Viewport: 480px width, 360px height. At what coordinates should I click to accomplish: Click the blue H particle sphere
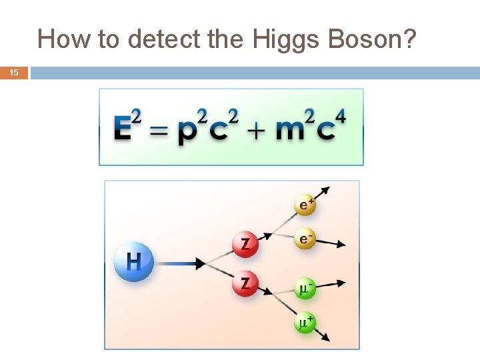(134, 261)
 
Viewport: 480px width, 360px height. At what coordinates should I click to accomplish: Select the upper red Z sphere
(246, 243)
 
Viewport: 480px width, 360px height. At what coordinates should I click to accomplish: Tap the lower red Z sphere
(246, 284)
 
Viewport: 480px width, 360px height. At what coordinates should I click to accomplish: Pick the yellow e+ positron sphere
(305, 205)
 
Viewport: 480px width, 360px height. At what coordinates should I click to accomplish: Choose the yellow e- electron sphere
(305, 239)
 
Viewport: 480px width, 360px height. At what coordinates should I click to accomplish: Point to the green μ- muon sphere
(305, 289)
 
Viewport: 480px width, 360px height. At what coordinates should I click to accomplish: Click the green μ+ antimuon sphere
(305, 324)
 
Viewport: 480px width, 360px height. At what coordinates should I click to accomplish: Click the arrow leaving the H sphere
(181, 264)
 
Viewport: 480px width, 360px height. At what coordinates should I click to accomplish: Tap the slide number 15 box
(14, 73)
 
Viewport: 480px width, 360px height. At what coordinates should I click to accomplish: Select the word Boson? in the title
(370, 40)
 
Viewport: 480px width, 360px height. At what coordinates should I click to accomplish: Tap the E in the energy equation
(123, 129)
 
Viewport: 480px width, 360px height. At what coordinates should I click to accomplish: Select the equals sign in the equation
(159, 131)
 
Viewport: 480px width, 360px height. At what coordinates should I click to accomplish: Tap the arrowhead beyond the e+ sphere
(327, 188)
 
